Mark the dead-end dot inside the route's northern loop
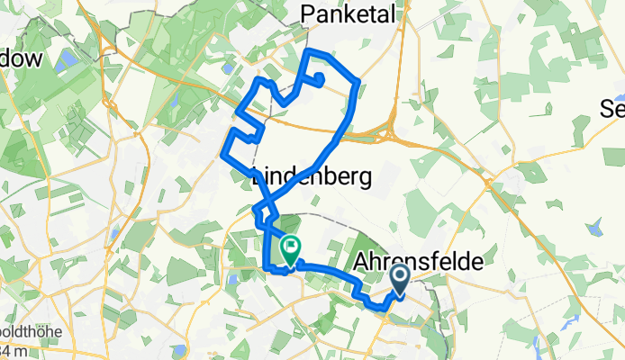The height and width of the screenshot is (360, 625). pyautogui.click(x=320, y=76)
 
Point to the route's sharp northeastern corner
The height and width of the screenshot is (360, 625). pyautogui.click(x=358, y=82)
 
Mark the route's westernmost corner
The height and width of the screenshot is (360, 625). pyautogui.click(x=222, y=153)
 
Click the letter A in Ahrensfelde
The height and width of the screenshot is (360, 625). pyautogui.click(x=366, y=260)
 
